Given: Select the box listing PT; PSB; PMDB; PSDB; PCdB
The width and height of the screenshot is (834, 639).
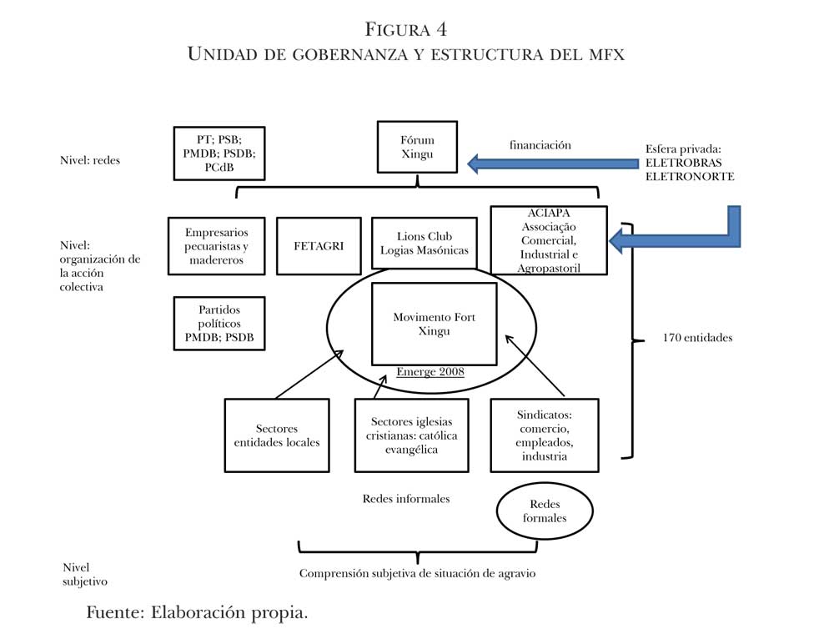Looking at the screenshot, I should [219, 153].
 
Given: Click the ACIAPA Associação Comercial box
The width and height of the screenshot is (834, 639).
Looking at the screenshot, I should [549, 241].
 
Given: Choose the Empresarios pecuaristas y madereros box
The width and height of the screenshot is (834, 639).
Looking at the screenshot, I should [215, 246].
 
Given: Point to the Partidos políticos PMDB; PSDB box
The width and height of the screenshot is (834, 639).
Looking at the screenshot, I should [219, 323].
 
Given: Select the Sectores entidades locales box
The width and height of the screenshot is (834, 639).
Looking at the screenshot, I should [277, 435].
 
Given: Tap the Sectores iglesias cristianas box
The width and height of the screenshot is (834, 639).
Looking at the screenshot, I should [411, 435].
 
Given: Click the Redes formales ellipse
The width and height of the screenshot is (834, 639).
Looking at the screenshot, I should [544, 511].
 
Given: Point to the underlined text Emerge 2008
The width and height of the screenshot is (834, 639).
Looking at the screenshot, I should [430, 372].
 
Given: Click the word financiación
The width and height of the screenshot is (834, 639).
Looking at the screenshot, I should [540, 145].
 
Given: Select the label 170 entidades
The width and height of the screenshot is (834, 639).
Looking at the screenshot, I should [697, 338].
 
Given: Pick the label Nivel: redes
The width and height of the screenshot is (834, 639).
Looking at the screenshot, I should [90, 159].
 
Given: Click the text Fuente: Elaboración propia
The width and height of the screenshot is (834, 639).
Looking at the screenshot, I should [198, 613].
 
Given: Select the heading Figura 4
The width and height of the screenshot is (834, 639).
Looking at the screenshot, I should [406, 30].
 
